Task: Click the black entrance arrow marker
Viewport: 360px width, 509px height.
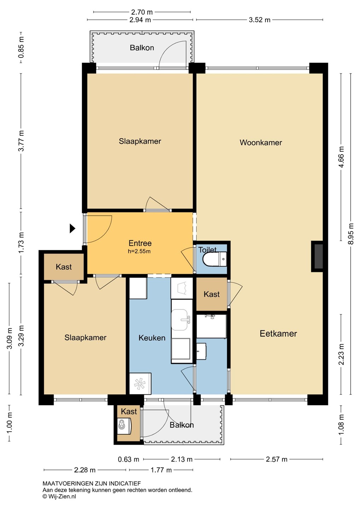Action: click(x=72, y=228)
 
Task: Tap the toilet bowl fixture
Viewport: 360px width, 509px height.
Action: click(x=215, y=259)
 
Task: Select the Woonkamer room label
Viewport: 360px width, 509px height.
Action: click(x=261, y=142)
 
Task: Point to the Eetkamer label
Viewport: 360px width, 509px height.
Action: click(x=278, y=334)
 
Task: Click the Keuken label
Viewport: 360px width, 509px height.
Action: click(x=152, y=338)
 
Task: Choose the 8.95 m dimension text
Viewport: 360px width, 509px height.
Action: click(x=351, y=234)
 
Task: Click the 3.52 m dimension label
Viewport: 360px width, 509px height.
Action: click(x=259, y=20)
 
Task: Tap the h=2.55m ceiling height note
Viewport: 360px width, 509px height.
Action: click(x=139, y=251)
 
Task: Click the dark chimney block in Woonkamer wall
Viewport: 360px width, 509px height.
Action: click(x=318, y=256)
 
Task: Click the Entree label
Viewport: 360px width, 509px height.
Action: click(x=140, y=243)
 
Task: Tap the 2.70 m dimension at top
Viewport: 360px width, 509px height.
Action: click(x=142, y=12)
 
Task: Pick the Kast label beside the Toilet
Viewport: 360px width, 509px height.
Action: click(x=211, y=294)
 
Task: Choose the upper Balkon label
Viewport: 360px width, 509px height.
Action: click(x=142, y=48)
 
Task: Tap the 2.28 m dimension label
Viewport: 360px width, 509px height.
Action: click(x=85, y=470)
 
